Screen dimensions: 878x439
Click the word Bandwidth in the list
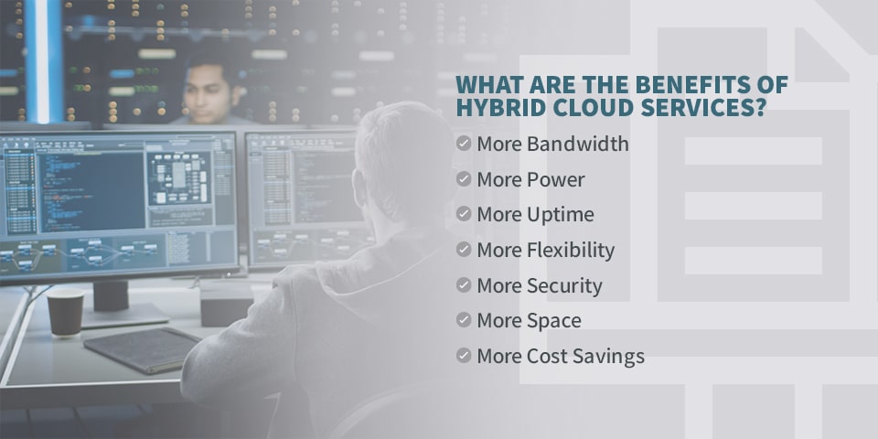coord(578,144)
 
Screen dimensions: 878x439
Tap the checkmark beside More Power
coord(464,179)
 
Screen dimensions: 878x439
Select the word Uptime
coord(561,215)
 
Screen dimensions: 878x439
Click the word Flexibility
coord(571,251)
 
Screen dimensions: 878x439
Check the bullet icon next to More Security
coord(464,285)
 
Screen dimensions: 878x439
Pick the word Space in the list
coord(554,321)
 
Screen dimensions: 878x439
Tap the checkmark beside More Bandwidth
coord(464,144)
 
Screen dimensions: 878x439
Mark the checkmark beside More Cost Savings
coord(464,356)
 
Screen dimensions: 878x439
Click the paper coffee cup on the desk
coord(65,312)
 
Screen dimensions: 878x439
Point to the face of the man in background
coord(207,92)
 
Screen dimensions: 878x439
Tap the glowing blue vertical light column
coord(43,60)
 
